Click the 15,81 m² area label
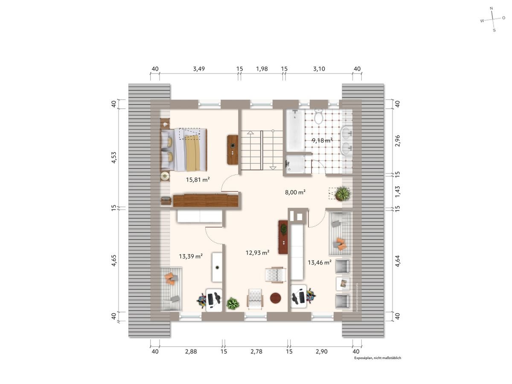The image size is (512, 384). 197,180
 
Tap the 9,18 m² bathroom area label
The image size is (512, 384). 322,140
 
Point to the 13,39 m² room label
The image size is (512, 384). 190,256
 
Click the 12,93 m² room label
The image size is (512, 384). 257,253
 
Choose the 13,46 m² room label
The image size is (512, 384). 320,263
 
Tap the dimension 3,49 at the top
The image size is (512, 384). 199,69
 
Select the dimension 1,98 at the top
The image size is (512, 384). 262,69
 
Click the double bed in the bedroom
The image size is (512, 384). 184,149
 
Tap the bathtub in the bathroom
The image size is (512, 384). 294,131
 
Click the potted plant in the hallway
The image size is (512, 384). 342,194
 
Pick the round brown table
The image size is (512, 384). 276,298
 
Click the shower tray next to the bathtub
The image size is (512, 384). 295,165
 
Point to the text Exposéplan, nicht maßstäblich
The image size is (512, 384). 377,358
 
